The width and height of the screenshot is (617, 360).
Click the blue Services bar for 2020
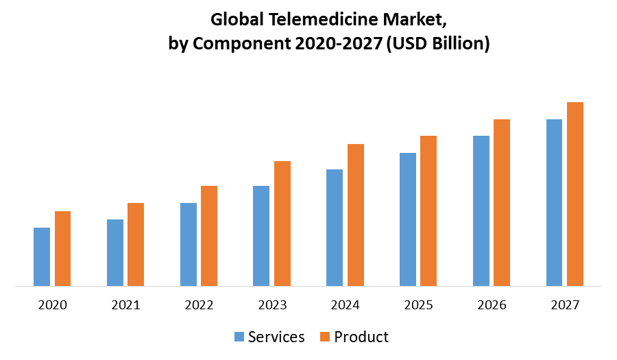tap(42, 256)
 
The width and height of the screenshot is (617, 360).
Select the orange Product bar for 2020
tap(62, 248)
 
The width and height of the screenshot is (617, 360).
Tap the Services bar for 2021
tap(115, 252)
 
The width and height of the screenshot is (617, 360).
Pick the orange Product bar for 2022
tap(208, 236)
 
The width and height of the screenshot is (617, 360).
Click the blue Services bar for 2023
tap(261, 236)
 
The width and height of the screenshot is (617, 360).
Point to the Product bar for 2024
tap(355, 215)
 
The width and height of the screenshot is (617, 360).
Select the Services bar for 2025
tap(408, 219)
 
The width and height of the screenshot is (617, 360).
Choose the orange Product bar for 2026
tap(502, 202)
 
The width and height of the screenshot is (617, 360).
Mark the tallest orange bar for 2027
tap(574, 194)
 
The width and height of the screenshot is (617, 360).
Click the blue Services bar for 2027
tap(554, 202)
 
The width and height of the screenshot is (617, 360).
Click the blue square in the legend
tap(239, 337)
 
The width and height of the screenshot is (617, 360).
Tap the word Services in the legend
tap(276, 337)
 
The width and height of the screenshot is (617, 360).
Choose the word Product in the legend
tap(361, 337)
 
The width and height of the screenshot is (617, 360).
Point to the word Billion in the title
tap(452, 44)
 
